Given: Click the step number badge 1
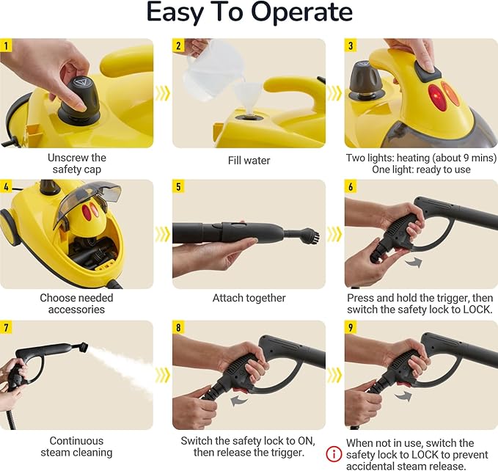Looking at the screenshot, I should point(7,45).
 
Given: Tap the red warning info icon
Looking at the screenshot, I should point(334,454).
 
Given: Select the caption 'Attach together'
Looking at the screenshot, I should point(249,298).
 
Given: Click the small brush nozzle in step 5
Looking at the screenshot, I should point(308,237).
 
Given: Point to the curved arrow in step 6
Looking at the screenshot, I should point(414,260).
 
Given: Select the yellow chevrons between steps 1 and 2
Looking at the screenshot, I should point(163,93).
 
